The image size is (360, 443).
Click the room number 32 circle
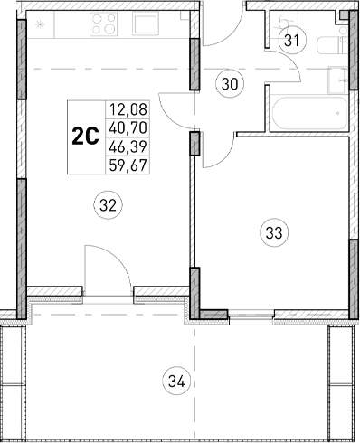[108, 204]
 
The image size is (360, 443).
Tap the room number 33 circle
[273, 232]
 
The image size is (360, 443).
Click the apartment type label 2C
[85, 137]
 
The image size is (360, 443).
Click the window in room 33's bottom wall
[252, 316]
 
